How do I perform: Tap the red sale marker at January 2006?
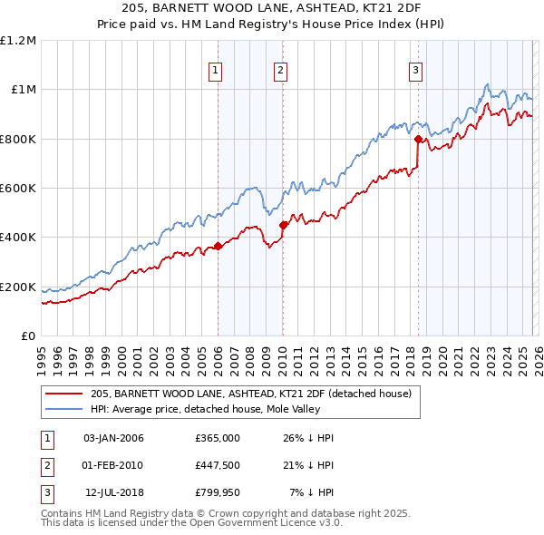[218, 246]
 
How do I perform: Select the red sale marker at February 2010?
[283, 225]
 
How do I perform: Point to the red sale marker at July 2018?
[418, 139]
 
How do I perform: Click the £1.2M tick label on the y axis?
[18, 41]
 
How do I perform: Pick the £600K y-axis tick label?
[18, 189]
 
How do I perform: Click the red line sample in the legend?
[65, 394]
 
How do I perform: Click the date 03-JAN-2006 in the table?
[113, 438]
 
